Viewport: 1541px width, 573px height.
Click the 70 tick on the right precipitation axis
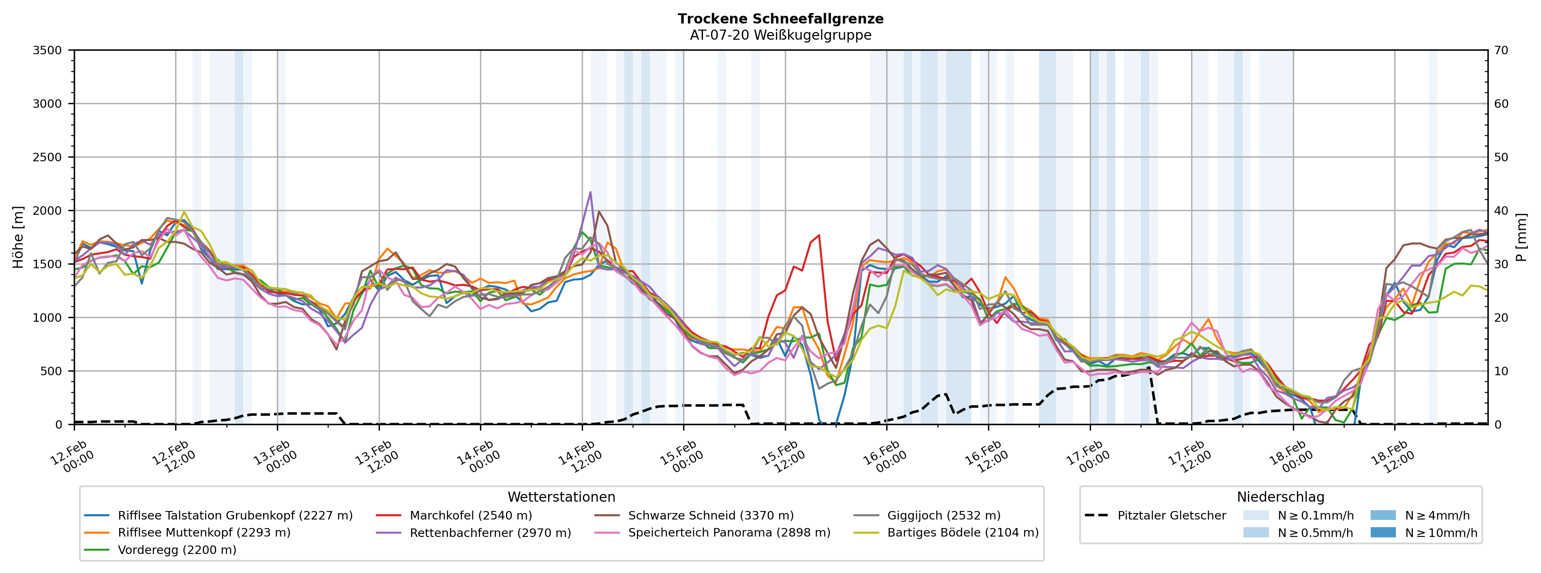tap(1502, 50)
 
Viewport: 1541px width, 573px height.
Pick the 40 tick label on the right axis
tap(1502, 211)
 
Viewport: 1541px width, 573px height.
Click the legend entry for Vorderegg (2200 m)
tap(176, 549)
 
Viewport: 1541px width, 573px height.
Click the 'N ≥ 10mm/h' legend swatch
tap(1382, 532)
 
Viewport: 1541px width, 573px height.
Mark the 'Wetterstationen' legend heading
tap(561, 497)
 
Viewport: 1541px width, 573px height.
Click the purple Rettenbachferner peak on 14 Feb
tap(590, 192)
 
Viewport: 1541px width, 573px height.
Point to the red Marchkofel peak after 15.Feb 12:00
tap(819, 235)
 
